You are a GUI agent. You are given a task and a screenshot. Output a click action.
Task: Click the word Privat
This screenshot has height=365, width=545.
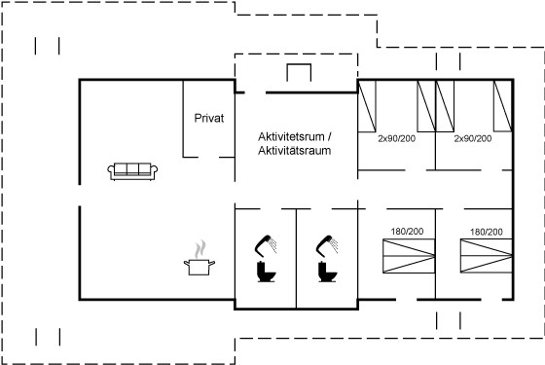[209, 118]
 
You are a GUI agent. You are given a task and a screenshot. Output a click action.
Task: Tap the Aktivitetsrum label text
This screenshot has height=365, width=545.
[291, 136]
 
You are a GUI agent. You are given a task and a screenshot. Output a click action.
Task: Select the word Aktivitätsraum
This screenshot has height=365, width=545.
[294, 151]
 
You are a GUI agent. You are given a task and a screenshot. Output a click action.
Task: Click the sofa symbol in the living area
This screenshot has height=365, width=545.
[132, 171]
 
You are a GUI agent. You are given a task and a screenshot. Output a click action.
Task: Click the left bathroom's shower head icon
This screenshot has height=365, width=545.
[266, 244]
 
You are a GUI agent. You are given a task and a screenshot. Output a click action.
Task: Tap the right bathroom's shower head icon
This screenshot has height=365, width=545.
[327, 244]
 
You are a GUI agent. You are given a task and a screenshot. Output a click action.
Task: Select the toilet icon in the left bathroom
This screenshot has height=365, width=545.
[266, 272]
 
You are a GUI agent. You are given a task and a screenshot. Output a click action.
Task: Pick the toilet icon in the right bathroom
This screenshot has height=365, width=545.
[327, 272]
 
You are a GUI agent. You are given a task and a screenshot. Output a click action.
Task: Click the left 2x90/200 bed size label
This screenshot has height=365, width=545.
[397, 138]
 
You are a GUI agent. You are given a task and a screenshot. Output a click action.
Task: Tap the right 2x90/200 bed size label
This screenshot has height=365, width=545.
[473, 138]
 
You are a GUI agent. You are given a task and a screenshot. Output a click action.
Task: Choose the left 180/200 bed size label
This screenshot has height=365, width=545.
[407, 232]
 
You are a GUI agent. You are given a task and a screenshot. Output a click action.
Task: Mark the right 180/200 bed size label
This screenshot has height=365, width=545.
[487, 232]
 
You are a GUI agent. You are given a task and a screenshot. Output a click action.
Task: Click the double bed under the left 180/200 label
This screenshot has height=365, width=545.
[409, 256]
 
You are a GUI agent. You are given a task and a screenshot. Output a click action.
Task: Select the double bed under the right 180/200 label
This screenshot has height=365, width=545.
[487, 256]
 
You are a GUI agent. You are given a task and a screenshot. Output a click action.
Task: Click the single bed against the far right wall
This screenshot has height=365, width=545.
[502, 106]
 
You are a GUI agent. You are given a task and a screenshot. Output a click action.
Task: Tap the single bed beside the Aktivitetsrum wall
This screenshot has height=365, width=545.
[367, 106]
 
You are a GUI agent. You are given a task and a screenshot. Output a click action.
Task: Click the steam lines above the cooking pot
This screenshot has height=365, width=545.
[200, 249]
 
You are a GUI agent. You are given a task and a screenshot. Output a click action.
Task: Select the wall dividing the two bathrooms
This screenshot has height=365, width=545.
[296, 259]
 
